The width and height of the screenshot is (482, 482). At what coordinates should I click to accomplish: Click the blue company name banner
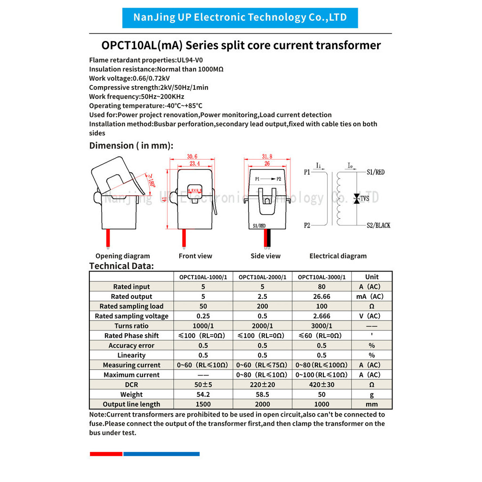[240, 18]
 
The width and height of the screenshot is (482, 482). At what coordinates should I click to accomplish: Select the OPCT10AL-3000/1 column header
[321, 277]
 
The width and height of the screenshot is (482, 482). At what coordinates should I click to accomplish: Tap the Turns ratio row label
[131, 326]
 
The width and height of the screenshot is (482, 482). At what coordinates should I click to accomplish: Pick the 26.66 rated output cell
[321, 297]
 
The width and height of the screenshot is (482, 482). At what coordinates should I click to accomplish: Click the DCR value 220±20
[262, 385]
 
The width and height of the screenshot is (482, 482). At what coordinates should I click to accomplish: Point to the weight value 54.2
[203, 394]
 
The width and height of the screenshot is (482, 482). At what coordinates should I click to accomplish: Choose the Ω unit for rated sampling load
[371, 306]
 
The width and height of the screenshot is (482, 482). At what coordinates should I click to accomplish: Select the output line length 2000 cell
[262, 404]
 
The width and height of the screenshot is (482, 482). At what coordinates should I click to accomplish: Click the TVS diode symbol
[357, 199]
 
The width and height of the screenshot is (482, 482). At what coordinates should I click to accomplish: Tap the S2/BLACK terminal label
[378, 225]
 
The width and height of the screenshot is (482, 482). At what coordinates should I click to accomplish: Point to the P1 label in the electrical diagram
[307, 172]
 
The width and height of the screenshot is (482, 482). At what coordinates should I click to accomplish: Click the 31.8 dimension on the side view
[266, 157]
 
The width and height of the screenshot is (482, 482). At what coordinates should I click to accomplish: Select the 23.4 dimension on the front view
[195, 164]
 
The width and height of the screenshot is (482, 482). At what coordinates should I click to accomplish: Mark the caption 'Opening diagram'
[122, 256]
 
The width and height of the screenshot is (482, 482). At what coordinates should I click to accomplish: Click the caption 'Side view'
[265, 256]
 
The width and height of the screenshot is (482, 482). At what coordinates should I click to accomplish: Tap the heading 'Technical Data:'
[121, 266]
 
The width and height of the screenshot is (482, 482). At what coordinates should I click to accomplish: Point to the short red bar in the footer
[106, 454]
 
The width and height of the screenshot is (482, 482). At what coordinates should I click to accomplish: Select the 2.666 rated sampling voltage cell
[321, 316]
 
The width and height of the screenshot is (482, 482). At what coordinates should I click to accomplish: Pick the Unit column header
[371, 277]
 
